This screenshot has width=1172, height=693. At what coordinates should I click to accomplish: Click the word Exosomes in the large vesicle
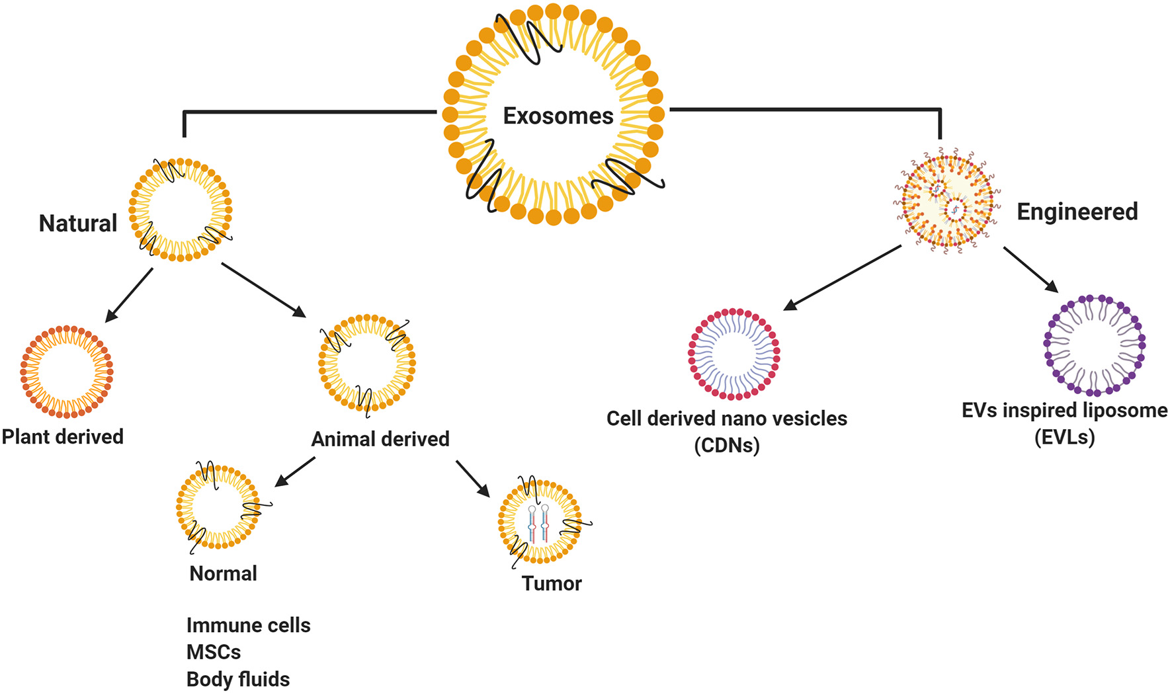tap(558, 116)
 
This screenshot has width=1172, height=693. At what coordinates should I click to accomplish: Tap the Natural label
tap(77, 223)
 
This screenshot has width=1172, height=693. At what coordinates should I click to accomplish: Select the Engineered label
tap(1077, 212)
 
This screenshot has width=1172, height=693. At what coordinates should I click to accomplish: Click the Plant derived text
tap(63, 436)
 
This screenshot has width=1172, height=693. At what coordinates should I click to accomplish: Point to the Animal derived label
tap(380, 438)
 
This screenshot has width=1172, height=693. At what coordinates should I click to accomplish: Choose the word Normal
tap(223, 573)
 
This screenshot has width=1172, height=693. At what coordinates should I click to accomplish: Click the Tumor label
tap(551, 583)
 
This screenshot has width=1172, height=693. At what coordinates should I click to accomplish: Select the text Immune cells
tap(248, 625)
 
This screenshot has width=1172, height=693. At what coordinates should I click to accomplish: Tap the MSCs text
tap(213, 652)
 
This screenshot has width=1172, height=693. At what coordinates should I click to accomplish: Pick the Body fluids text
tap(238, 679)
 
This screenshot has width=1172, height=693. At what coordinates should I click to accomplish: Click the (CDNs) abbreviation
tap(726, 445)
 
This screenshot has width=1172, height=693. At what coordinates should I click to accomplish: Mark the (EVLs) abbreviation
tap(1064, 436)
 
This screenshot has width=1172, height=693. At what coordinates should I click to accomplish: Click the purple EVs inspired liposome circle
tap(1094, 345)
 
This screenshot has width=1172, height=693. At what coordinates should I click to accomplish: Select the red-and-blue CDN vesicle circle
tap(733, 354)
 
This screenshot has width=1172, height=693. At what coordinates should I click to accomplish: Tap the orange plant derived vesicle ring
tap(66, 371)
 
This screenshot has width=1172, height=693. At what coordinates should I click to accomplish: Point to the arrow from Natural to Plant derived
tap(129, 295)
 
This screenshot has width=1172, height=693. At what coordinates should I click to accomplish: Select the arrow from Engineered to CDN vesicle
tap(843, 277)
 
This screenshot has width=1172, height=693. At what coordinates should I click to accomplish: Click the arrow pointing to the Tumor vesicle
tap(472, 478)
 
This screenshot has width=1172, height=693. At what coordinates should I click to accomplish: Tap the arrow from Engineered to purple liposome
tap(1030, 268)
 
